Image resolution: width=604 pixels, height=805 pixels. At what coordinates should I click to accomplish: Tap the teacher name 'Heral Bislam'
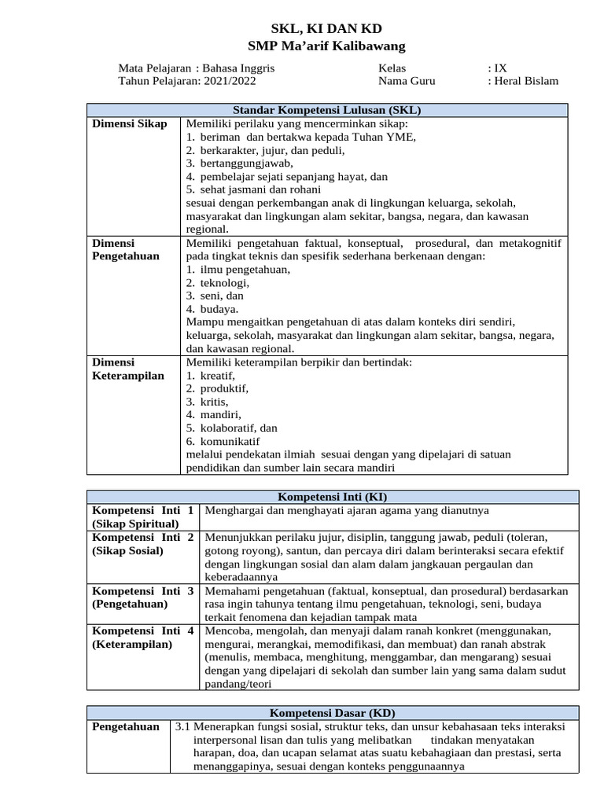526,81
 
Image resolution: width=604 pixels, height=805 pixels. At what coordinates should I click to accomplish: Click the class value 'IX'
501,68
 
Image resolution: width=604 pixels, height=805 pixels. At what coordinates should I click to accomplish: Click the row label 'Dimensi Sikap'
130,124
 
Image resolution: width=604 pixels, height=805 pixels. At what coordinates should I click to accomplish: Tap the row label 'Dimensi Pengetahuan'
126,250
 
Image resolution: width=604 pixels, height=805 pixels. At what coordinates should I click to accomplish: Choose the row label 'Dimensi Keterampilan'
128,369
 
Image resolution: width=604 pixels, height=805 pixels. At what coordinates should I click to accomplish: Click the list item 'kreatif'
218,376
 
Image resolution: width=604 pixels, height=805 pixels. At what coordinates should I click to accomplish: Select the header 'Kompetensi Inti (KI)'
333,498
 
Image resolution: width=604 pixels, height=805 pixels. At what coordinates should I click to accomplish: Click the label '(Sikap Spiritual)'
135,524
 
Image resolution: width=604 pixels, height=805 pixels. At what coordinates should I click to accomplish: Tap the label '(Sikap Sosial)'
128,550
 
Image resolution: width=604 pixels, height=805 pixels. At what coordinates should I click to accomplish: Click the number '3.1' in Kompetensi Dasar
182,727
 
